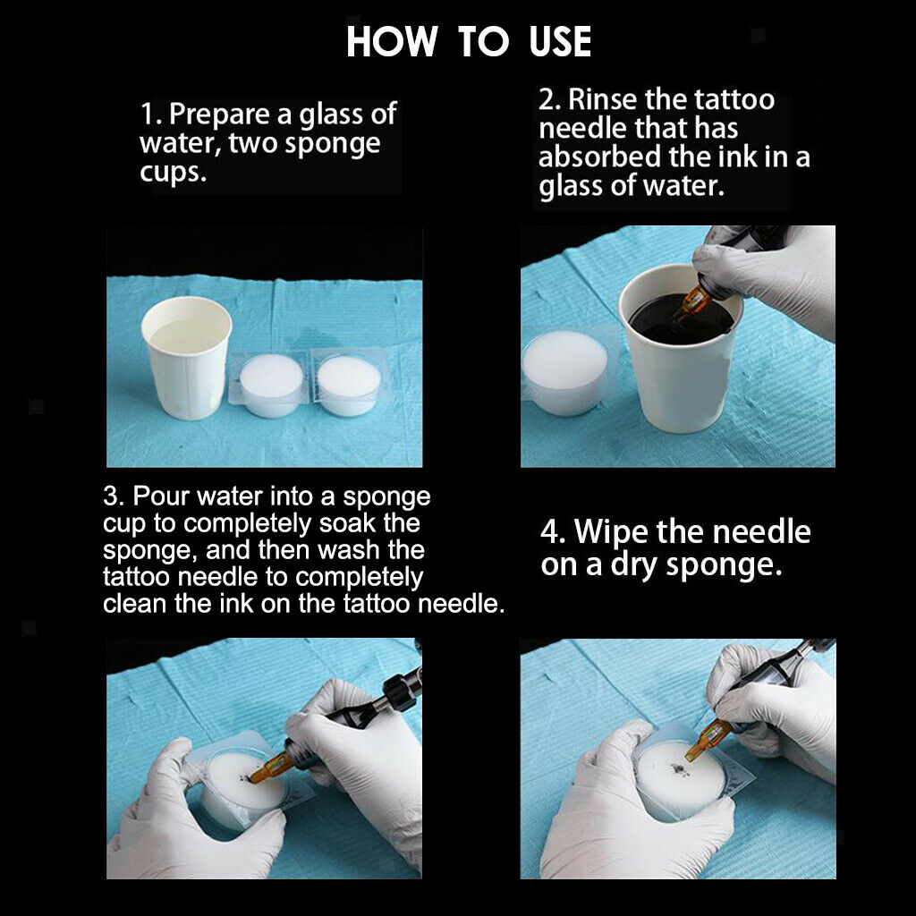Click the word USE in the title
pos(560,41)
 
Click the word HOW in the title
pos(392,41)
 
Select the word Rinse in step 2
pos(602,99)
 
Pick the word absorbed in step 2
pos(599,157)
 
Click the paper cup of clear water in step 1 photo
pos(186,358)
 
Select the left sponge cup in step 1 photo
pos(271,385)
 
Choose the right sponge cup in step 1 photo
pos(348,384)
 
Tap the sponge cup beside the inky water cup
pos(564,372)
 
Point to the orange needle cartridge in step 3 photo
pos(271,768)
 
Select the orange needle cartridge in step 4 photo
pos(708,740)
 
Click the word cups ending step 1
pos(173,173)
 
